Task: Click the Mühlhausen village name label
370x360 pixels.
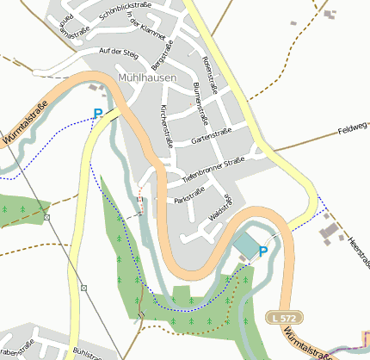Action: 145,78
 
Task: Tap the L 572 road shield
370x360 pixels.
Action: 279,317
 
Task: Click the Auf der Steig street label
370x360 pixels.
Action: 119,53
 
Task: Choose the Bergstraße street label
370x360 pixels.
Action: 157,57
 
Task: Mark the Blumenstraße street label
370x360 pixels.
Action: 200,101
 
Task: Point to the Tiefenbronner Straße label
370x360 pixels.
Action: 214,165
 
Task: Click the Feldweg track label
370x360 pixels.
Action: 353,129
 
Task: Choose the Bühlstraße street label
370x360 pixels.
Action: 95,353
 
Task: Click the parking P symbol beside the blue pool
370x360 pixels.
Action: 263,251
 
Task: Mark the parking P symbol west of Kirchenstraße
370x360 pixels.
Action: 97,113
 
